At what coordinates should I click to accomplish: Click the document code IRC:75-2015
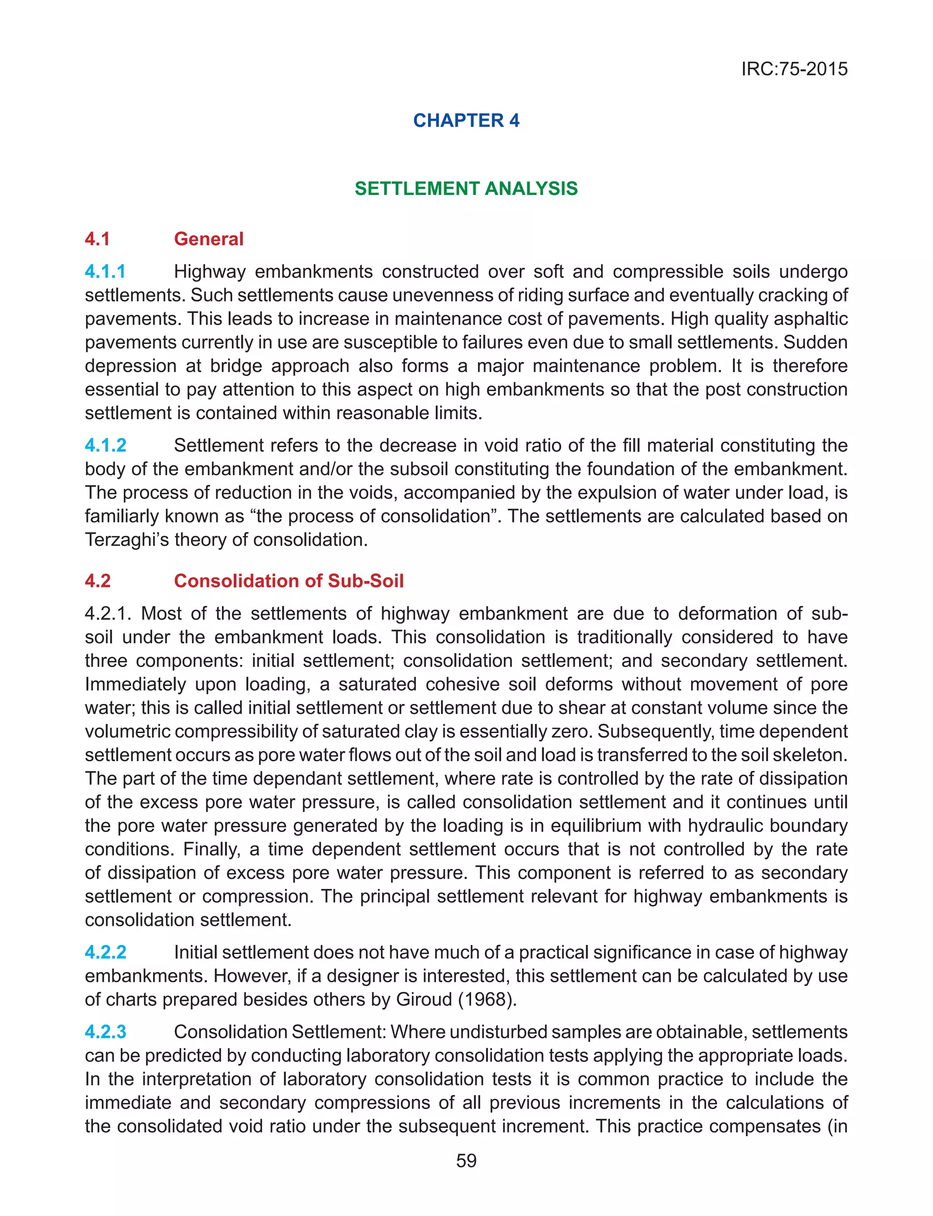coord(794,69)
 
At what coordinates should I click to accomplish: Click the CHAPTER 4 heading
coord(466,120)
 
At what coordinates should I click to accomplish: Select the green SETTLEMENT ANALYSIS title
coord(466,189)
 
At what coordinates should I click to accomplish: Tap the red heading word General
coord(208,239)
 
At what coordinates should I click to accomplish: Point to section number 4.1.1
coord(105,272)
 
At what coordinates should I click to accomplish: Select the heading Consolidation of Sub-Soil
coord(288,581)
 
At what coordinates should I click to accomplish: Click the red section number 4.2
coord(98,581)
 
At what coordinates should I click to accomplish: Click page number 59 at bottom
coord(466,1160)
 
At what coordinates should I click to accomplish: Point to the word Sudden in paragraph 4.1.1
coord(815,342)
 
